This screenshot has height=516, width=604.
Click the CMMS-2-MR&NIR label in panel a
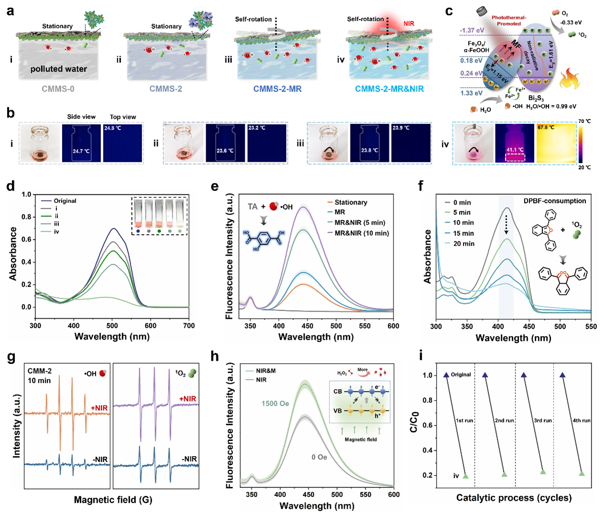[389, 89]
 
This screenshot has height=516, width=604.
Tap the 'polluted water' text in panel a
[59, 69]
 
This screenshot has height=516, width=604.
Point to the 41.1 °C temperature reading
[515, 150]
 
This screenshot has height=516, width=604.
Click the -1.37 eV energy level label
[472, 30]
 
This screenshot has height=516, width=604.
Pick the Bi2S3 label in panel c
[536, 98]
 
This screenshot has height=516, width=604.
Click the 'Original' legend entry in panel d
[65, 201]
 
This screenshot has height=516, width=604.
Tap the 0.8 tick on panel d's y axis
[26, 217]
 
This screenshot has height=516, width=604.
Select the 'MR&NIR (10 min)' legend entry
[362, 233]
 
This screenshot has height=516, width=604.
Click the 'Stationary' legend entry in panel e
[351, 202]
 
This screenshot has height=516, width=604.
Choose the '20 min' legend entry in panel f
[463, 244]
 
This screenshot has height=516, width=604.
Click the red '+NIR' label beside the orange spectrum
[99, 408]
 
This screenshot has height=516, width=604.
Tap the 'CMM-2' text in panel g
[40, 371]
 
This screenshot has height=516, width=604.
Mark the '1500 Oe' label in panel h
[275, 404]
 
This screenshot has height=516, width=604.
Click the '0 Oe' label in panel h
[319, 457]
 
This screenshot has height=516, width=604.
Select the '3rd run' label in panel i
[542, 420]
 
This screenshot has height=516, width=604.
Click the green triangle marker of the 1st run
[465, 476]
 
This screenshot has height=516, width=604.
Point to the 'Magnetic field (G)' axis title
[113, 500]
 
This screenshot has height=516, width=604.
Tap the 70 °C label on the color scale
[584, 121]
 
